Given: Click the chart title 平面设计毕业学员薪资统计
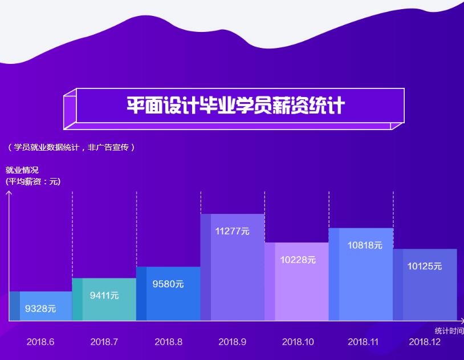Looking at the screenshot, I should pyautogui.click(x=235, y=106).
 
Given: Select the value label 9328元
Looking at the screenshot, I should pyautogui.click(x=40, y=309).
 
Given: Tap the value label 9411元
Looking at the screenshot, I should pyautogui.click(x=104, y=296).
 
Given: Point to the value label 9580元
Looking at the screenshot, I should pyautogui.click(x=168, y=284).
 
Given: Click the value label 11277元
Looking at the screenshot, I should pyautogui.click(x=232, y=231).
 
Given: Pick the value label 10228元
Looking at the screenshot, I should pyautogui.click(x=298, y=260).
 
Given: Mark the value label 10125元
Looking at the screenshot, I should pyautogui.click(x=424, y=266).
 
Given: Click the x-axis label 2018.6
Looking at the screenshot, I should pyautogui.click(x=40, y=342).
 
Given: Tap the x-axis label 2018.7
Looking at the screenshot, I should pyautogui.click(x=104, y=342).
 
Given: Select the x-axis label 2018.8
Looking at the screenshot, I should pyautogui.click(x=168, y=342).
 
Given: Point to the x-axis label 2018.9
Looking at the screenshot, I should pyautogui.click(x=232, y=342).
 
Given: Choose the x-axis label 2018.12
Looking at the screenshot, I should pyautogui.click(x=425, y=342).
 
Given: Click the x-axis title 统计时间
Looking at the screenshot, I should pyautogui.click(x=449, y=331).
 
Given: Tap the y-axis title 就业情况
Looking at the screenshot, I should pyautogui.click(x=22, y=170).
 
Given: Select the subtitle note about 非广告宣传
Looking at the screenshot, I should pyautogui.click(x=71, y=147).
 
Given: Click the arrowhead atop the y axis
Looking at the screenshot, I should pyautogui.click(x=9, y=193).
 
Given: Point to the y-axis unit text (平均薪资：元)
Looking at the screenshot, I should pyautogui.click(x=32, y=181).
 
